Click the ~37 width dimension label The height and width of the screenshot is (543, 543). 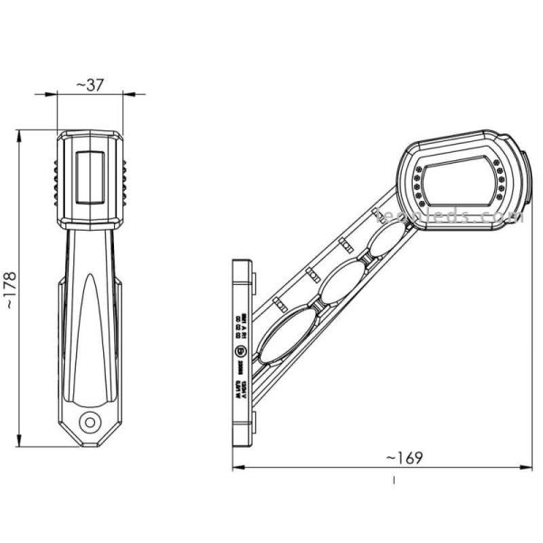(x=89, y=84)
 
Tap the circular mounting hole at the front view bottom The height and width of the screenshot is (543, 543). (x=89, y=421)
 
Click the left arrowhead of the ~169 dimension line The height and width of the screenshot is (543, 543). (x=236, y=468)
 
